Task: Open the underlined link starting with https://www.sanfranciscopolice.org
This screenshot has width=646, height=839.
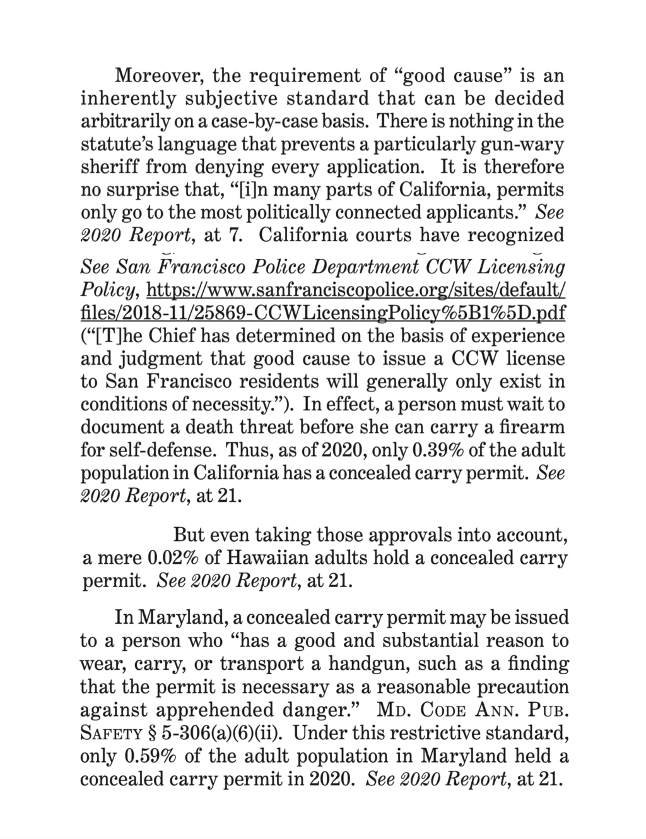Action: click(356, 290)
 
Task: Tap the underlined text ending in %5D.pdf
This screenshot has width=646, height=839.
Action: click(323, 312)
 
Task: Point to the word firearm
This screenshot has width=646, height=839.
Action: click(532, 426)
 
